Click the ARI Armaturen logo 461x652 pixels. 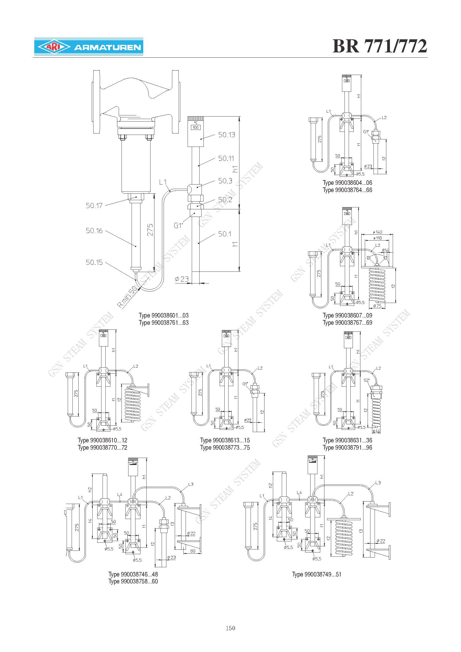[x=89, y=46]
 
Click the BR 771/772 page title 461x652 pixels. [x=380, y=46]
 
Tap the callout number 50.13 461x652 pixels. [x=227, y=135]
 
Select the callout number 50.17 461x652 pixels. [x=94, y=205]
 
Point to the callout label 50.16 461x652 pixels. [x=94, y=231]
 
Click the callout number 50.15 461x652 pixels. [x=94, y=262]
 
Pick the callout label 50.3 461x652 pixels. [x=225, y=181]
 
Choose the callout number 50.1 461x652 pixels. [x=225, y=234]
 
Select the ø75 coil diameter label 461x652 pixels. [x=377, y=306]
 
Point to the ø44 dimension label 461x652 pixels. [x=377, y=431]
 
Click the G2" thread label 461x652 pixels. [x=367, y=380]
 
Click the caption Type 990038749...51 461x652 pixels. [x=317, y=575]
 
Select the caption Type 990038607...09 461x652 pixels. [x=347, y=315]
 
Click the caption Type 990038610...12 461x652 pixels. [x=103, y=440]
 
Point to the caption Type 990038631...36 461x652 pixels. [x=347, y=440]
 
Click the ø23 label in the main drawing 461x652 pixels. [x=182, y=279]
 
